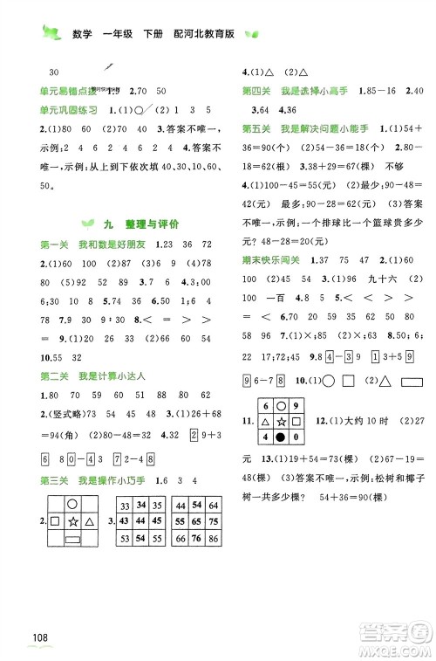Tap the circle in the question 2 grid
coord(72,504)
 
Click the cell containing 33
coord(125,506)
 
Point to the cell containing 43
coord(125,522)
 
